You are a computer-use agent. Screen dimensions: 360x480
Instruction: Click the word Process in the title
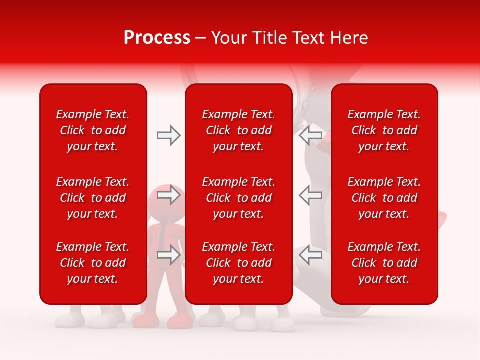click(157, 38)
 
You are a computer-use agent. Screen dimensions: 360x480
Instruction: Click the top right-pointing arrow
click(168, 135)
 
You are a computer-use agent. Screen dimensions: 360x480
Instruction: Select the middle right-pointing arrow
click(168, 195)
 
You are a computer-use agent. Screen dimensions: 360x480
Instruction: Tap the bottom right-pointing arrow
click(168, 255)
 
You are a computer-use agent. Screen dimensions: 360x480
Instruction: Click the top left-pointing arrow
click(310, 135)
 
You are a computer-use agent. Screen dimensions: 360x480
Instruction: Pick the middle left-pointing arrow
click(310, 195)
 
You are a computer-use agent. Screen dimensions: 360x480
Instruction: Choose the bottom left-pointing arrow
click(310, 255)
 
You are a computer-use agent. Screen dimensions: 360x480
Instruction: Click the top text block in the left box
click(93, 130)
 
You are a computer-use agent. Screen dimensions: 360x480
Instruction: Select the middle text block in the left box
click(93, 198)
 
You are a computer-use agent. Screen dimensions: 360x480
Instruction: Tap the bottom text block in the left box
click(93, 263)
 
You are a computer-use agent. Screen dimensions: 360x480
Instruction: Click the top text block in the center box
click(238, 130)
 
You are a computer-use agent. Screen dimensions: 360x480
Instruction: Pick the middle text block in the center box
click(238, 198)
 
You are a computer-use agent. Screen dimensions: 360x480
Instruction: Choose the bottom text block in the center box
click(238, 263)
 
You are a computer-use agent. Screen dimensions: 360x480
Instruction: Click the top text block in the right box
click(384, 130)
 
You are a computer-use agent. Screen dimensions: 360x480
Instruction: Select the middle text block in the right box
click(384, 198)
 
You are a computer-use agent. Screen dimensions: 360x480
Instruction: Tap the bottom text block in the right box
click(384, 263)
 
